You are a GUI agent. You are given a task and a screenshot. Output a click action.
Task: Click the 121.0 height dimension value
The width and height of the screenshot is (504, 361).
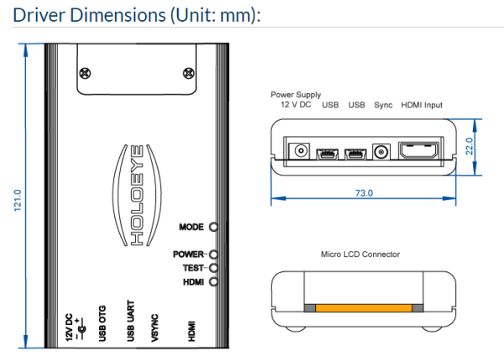18,201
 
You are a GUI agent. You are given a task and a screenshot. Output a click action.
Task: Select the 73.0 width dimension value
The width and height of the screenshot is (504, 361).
364,193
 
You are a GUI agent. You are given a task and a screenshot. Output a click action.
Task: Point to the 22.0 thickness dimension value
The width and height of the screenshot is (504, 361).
470,146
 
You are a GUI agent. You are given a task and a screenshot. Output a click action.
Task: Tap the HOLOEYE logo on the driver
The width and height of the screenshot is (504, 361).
137,195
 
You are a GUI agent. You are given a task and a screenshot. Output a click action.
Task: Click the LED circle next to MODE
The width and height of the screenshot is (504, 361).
213,227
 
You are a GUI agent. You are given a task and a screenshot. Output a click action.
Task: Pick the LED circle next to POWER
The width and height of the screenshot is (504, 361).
213,254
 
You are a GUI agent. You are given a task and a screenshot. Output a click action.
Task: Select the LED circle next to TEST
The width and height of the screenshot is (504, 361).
213,268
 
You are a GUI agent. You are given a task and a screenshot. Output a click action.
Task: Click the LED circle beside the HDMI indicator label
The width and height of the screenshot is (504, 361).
213,282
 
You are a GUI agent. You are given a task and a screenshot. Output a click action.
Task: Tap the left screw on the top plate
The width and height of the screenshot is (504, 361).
85,73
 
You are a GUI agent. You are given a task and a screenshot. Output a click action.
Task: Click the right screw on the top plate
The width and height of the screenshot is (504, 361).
189,73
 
